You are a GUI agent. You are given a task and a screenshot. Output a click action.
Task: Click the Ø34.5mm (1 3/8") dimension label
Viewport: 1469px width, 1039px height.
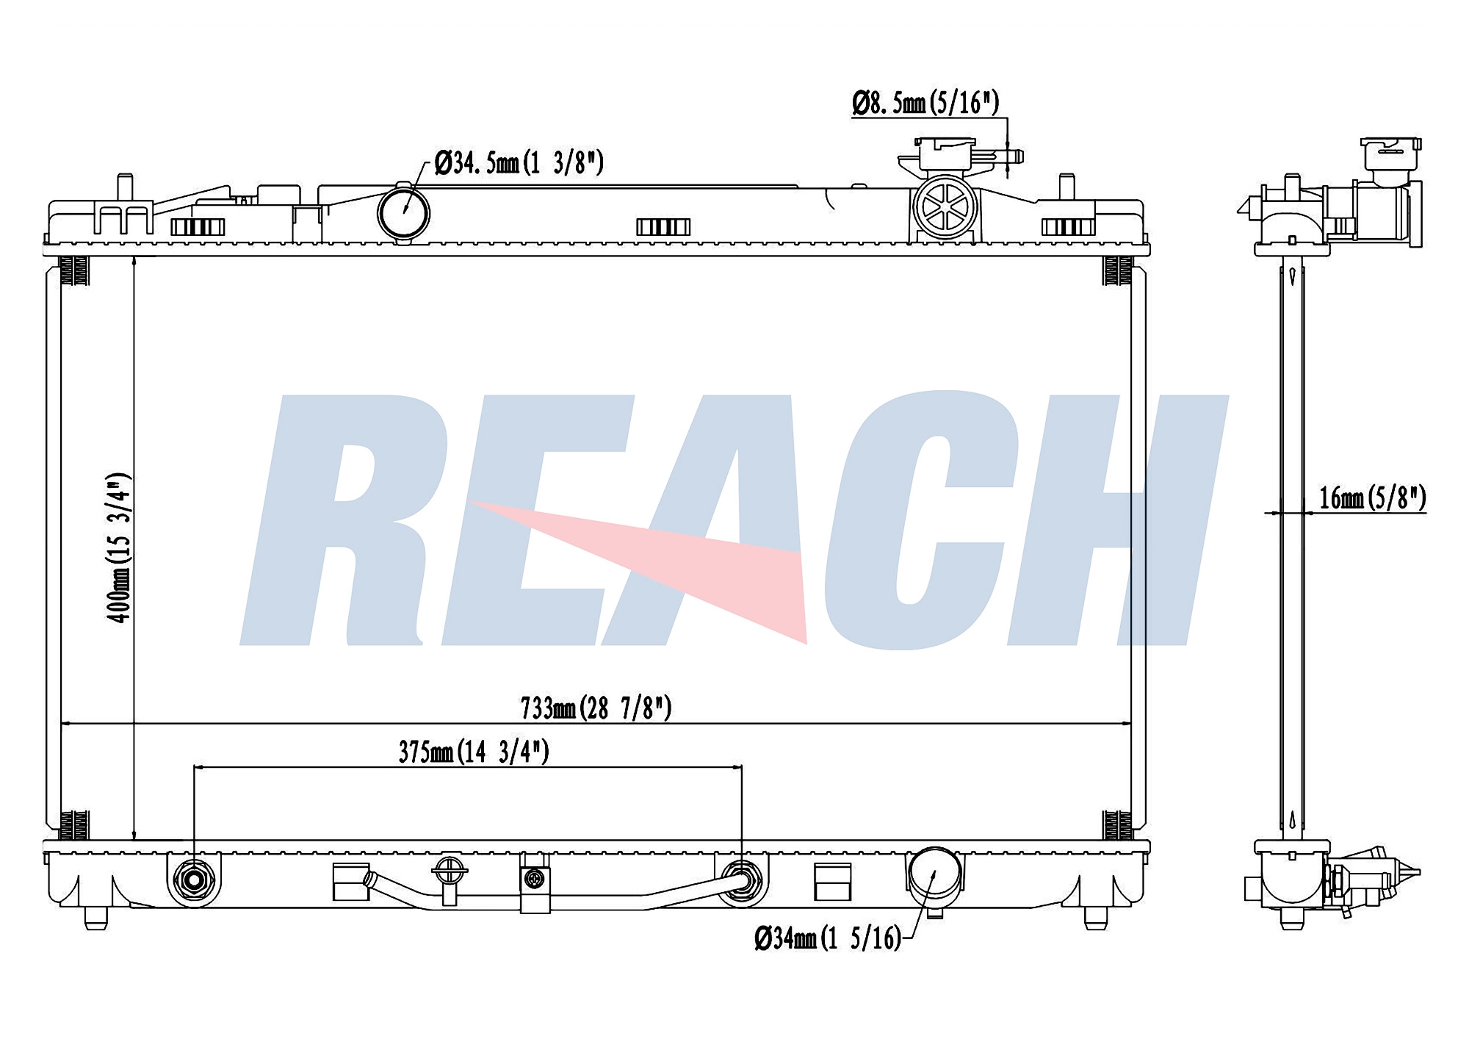pos(519,162)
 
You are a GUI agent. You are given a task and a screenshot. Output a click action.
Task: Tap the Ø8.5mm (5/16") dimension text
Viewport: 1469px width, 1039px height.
pos(925,103)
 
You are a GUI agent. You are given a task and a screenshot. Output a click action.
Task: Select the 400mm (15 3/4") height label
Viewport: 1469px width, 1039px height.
pos(119,548)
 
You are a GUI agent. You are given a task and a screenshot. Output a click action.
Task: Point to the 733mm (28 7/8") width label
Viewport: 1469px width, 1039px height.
pos(596,708)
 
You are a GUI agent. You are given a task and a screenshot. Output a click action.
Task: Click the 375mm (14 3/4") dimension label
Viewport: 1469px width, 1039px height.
pos(474,752)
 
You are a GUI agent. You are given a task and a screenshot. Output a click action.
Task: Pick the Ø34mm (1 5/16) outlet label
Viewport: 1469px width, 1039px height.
pos(828,938)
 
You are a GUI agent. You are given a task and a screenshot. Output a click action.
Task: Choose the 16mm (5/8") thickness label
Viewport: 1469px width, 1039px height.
pos(1373,498)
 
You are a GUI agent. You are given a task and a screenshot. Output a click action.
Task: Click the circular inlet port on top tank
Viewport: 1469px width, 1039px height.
pos(403,213)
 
